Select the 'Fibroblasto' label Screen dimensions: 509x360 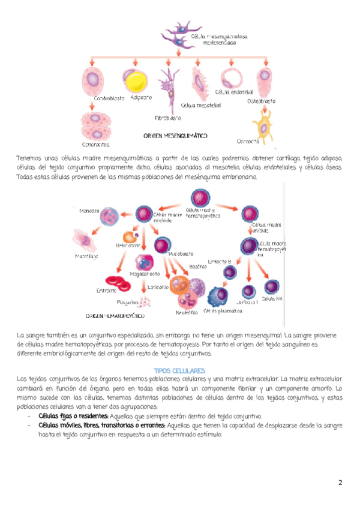tap(168, 118)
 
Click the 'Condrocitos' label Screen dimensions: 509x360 tap(95, 145)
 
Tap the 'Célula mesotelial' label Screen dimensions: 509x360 tap(200, 105)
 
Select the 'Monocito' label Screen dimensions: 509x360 tap(89, 211)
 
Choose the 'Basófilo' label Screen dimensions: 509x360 tap(197, 266)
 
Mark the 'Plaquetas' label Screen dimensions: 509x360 tap(128, 302)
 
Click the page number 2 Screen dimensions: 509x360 tap(340, 483)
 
